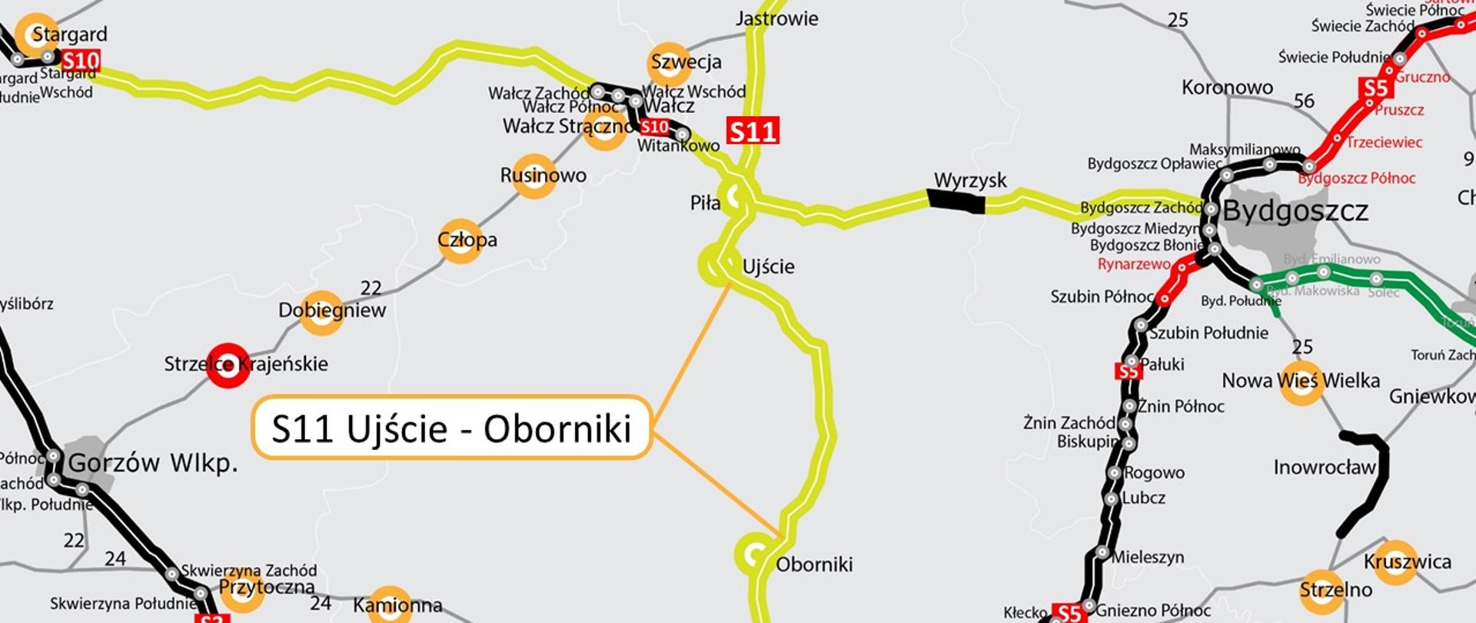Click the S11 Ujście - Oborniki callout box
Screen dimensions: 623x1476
point(451,428)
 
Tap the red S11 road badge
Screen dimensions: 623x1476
point(753,131)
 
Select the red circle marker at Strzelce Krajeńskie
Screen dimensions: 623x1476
point(228,365)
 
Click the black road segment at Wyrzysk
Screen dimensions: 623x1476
point(956,201)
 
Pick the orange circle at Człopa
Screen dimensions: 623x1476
point(460,241)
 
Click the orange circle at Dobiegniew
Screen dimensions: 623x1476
point(321,312)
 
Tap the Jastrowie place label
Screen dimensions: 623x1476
point(776,18)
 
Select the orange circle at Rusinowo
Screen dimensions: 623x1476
point(534,176)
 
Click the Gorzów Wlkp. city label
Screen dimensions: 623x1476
point(153,462)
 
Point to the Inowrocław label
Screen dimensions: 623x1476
point(1324,468)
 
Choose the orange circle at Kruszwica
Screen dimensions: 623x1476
point(1394,562)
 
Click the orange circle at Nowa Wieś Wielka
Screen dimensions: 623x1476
point(1301,382)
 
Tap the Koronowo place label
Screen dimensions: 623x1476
point(1227,88)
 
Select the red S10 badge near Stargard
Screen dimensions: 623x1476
point(81,61)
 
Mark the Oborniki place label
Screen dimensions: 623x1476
point(814,565)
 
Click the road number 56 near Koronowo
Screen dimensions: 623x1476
point(1304,101)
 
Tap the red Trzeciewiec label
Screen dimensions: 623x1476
point(1383,142)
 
